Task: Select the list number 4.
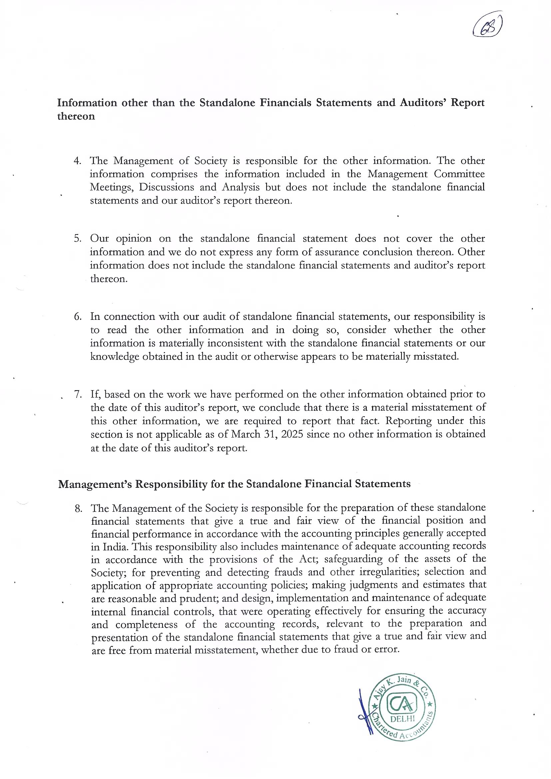click(77, 161)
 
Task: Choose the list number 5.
click(77, 239)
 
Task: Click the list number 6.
click(77, 317)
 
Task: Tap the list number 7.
click(78, 394)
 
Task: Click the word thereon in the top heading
click(76, 116)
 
